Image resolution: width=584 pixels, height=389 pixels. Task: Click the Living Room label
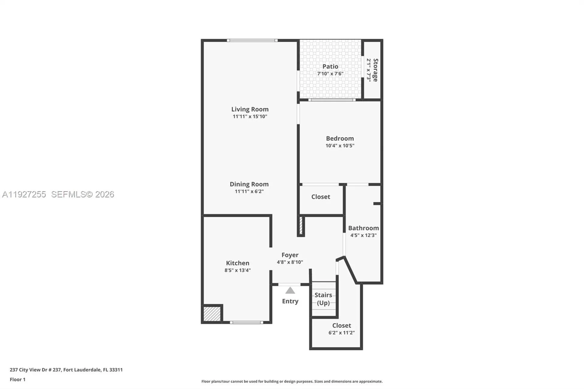[x=250, y=109]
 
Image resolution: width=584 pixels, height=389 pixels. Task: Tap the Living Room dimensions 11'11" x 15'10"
[x=250, y=116]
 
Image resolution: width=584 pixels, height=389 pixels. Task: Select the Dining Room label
[x=249, y=184]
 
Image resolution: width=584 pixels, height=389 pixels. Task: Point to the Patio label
[x=330, y=66]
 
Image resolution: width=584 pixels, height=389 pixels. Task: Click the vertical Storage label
[x=376, y=70]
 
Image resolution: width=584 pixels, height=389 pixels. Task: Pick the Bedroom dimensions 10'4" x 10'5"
[x=340, y=146]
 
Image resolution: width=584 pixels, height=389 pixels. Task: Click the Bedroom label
[x=340, y=138]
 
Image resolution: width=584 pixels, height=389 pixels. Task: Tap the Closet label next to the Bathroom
[x=321, y=197]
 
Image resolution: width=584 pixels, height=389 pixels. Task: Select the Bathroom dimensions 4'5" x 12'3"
[x=363, y=235]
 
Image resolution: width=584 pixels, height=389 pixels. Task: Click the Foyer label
[x=290, y=255]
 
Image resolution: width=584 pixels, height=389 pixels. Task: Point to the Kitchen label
[x=237, y=263]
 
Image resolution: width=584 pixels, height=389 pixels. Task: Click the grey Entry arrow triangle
[x=290, y=291]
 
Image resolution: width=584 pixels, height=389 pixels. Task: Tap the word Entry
[x=290, y=301]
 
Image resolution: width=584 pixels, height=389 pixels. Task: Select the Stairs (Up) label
[x=323, y=299]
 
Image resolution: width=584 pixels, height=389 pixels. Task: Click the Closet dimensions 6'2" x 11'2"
[x=341, y=333]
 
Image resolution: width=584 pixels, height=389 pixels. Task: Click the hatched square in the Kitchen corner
[x=212, y=314]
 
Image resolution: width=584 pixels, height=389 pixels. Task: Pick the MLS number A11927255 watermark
[x=24, y=194]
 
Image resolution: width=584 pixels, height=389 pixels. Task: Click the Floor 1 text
[x=18, y=379]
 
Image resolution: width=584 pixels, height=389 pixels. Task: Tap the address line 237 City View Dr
[x=66, y=370]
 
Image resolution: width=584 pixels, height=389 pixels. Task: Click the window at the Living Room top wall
[x=252, y=40]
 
